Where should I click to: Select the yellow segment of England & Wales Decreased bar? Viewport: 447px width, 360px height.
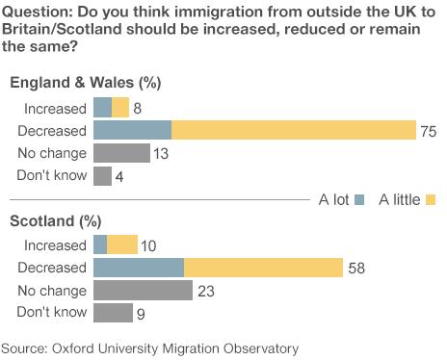293,131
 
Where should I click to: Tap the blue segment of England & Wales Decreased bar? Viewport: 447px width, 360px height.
132,131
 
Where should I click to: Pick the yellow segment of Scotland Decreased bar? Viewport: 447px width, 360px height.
263,269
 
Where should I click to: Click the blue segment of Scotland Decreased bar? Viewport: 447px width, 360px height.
138,269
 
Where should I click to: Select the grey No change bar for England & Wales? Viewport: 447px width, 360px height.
121,153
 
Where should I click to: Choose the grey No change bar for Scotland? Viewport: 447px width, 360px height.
143,291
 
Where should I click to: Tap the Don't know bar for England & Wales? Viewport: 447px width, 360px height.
102,175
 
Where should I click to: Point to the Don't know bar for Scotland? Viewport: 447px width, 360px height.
113,313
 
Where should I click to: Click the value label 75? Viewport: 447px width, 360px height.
430,132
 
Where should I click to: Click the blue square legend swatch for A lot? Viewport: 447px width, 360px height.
359,200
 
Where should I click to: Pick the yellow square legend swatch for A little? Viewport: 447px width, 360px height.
430,200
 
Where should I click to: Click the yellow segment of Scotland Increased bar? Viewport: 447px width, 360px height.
122,246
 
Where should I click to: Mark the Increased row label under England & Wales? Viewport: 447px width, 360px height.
55,109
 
